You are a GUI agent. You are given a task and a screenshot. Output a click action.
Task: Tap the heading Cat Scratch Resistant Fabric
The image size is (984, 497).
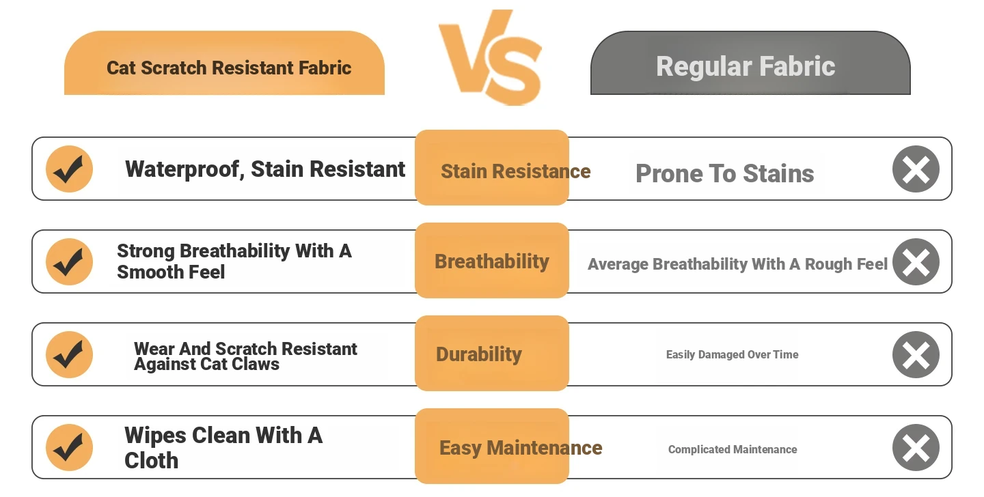(x=229, y=68)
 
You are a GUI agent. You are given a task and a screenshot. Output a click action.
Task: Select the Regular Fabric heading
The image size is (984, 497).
(x=746, y=66)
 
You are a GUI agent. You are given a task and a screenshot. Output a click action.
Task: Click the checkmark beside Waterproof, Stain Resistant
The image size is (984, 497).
(x=70, y=169)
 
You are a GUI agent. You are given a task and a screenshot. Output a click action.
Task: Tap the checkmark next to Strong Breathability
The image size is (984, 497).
(x=70, y=261)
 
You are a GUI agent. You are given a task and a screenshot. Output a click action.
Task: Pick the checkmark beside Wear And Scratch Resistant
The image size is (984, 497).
(x=70, y=355)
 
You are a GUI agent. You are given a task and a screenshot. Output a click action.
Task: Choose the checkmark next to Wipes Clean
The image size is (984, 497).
(x=70, y=447)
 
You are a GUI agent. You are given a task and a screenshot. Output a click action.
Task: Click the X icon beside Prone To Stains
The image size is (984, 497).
(x=916, y=169)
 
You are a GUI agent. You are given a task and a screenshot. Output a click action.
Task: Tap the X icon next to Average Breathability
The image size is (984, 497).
(x=916, y=261)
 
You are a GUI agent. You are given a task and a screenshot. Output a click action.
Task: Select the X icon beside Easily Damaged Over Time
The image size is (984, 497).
(x=916, y=355)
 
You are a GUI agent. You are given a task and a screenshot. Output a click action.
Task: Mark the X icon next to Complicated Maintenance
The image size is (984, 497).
(x=916, y=447)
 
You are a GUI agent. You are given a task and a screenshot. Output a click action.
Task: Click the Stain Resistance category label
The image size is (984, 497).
(x=516, y=171)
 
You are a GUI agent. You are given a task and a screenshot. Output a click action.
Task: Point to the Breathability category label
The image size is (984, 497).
(x=492, y=261)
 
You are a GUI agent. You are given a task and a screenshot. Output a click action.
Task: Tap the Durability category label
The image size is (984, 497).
(x=479, y=354)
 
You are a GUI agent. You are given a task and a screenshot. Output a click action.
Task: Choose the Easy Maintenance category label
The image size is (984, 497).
(x=521, y=448)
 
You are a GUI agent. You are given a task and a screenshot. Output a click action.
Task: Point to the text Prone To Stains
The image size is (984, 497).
(x=725, y=173)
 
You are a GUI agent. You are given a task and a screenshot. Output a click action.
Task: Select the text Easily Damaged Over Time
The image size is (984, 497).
(x=733, y=355)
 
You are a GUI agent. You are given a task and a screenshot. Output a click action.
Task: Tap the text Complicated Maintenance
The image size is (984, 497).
(x=733, y=450)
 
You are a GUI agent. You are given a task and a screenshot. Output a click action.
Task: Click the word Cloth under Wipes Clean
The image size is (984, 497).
(x=151, y=461)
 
